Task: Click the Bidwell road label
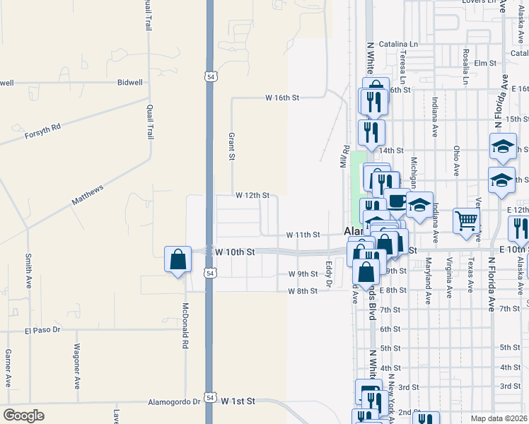click(130, 83)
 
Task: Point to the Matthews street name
click(87, 195)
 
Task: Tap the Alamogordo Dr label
click(174, 401)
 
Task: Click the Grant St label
click(231, 146)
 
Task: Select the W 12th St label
click(252, 195)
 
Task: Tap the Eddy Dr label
click(328, 273)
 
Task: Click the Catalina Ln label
click(398, 44)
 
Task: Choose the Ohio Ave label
click(457, 160)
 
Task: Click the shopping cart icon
click(467, 222)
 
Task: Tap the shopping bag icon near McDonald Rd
click(178, 259)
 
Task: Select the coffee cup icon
click(397, 200)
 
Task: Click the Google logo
click(23, 416)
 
